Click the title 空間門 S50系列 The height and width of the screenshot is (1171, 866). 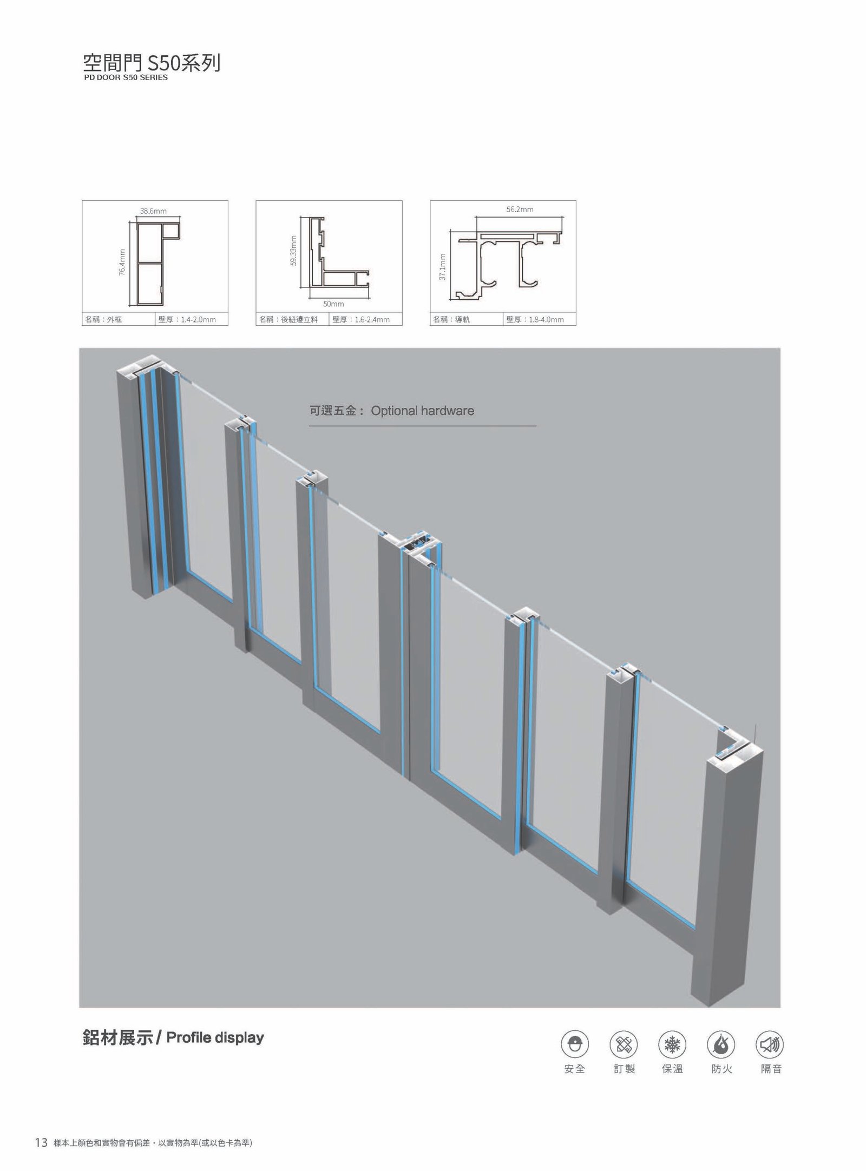tap(152, 63)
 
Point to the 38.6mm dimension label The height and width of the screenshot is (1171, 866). tap(154, 211)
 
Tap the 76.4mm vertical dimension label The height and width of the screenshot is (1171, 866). tap(122, 263)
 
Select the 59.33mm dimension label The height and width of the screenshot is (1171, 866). tap(293, 251)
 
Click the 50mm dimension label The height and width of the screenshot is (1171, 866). tap(333, 304)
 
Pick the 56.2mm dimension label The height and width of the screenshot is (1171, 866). tap(520, 209)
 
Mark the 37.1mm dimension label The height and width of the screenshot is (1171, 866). tap(443, 267)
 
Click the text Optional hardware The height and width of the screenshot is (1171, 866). tap(422, 411)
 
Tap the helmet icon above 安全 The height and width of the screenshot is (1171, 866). tap(575, 1044)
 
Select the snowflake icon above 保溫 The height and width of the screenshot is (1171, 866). tap(672, 1044)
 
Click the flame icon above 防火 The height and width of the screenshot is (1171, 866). tap(721, 1044)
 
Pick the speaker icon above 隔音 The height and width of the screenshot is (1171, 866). tap(770, 1044)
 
